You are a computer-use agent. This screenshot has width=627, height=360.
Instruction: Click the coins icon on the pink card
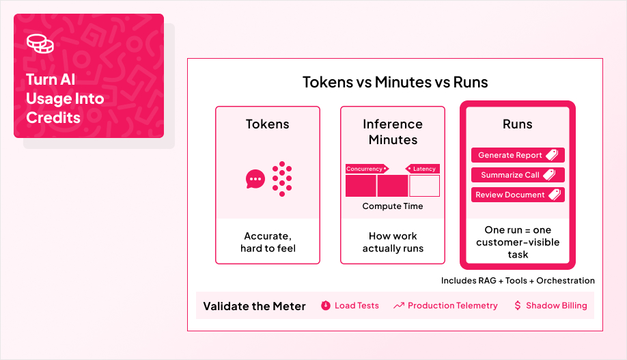pyautogui.click(x=40, y=43)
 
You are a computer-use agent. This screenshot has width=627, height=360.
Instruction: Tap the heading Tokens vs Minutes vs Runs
pyautogui.click(x=395, y=83)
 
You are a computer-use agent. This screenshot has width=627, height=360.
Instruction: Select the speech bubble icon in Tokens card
pyautogui.click(x=255, y=179)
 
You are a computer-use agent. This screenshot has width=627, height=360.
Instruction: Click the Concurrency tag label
pyautogui.click(x=366, y=169)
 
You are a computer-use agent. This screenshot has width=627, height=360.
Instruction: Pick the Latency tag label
pyautogui.click(x=423, y=169)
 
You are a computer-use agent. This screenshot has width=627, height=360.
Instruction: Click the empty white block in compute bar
pyautogui.click(x=424, y=186)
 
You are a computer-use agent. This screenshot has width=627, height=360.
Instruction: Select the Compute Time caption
pyautogui.click(x=393, y=206)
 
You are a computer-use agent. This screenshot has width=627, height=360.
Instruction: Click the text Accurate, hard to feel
pyautogui.click(x=268, y=242)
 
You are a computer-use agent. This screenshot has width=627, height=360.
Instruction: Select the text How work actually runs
pyautogui.click(x=393, y=242)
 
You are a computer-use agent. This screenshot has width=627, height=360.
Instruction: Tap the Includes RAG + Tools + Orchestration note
pyautogui.click(x=518, y=281)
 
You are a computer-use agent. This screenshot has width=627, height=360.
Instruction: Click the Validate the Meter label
pyautogui.click(x=254, y=306)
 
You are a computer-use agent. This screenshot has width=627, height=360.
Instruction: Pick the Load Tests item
pyautogui.click(x=350, y=306)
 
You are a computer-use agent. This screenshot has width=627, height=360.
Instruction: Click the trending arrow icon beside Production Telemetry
pyautogui.click(x=399, y=306)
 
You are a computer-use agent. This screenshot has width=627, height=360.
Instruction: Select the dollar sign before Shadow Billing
pyautogui.click(x=518, y=306)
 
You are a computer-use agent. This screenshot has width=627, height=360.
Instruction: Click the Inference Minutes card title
pyautogui.click(x=393, y=132)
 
